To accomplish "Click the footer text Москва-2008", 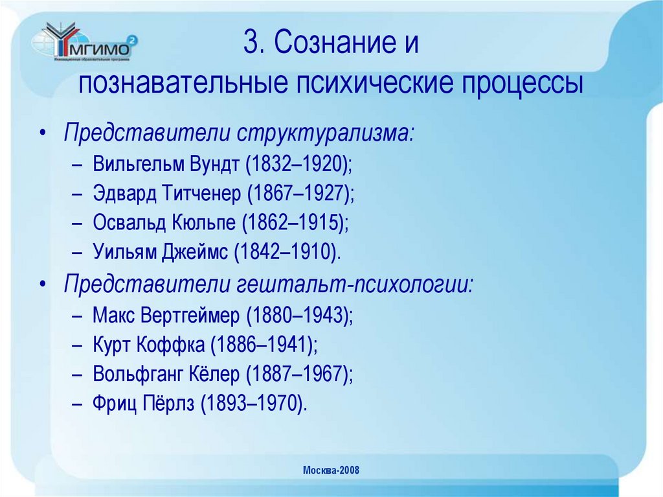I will click(x=331, y=470).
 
